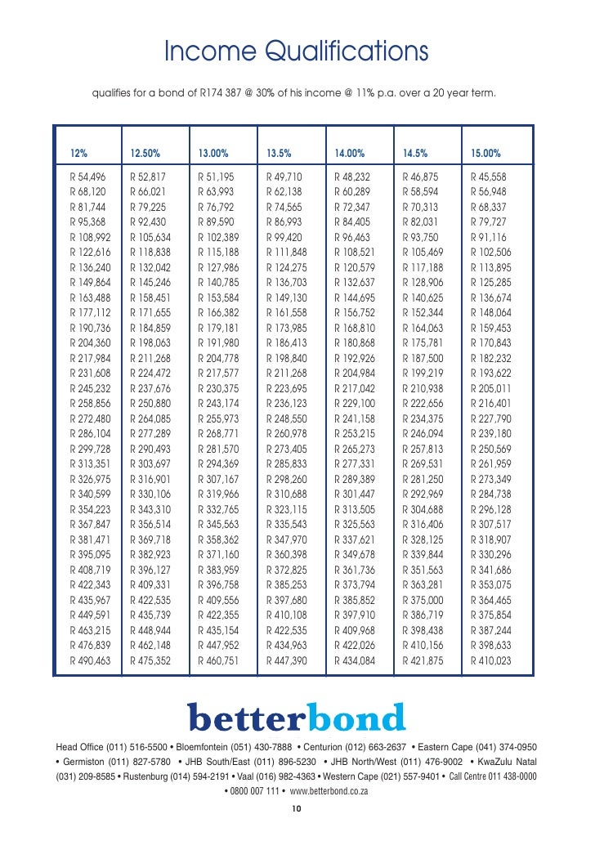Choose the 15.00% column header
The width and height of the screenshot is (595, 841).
487,154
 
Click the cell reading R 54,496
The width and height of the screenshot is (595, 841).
87,176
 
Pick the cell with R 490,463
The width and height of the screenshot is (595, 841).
90,660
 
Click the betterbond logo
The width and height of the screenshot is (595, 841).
297,717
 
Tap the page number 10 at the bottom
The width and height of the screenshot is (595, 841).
297,809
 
